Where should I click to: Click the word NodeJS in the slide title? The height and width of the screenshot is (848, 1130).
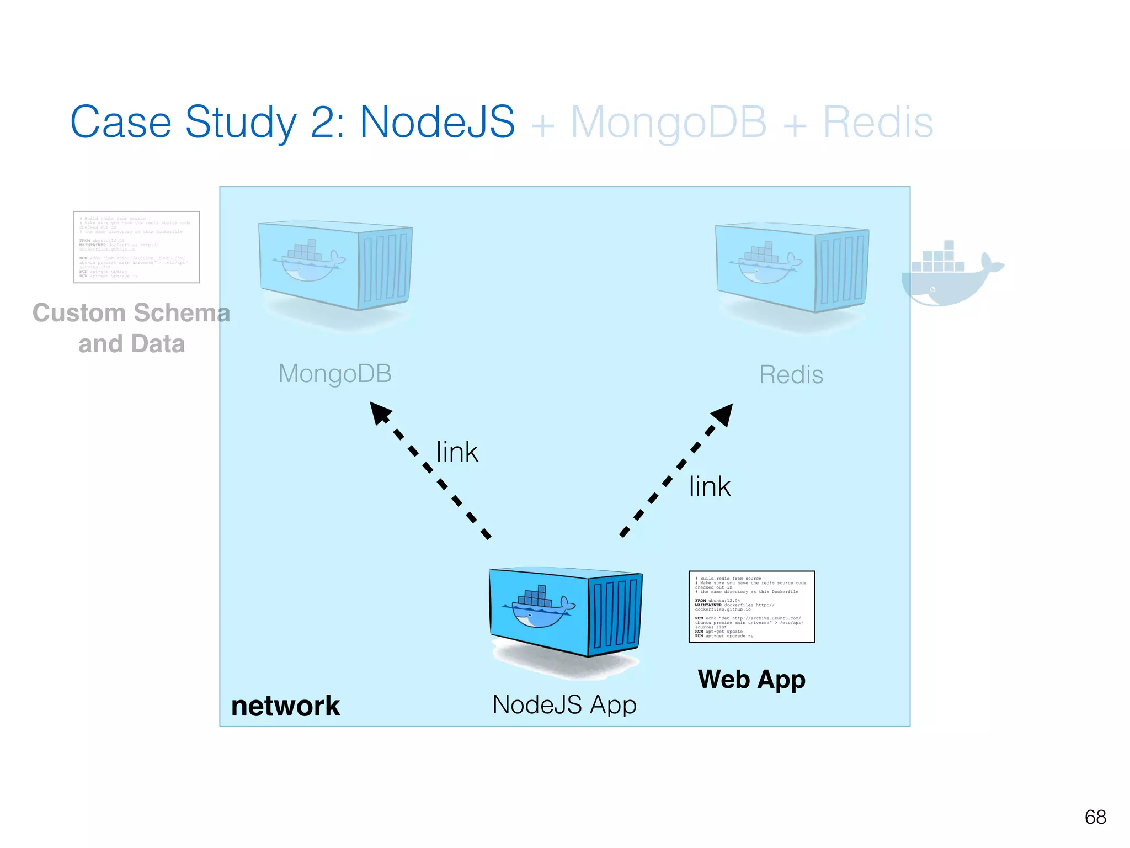click(x=437, y=123)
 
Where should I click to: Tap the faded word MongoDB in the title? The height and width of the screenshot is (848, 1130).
click(x=668, y=123)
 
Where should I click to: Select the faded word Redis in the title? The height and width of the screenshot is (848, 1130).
click(x=877, y=123)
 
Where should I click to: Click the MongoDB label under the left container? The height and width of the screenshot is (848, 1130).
click(x=335, y=374)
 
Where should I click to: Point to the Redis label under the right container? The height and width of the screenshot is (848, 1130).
click(x=791, y=375)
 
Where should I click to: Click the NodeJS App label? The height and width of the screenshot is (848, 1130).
click(x=564, y=705)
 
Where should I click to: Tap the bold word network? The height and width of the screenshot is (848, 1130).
click(x=285, y=706)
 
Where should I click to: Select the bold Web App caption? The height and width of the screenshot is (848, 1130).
click(x=751, y=679)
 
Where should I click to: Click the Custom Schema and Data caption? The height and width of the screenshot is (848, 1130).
click(x=131, y=328)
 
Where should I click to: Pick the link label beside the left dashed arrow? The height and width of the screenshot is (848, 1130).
click(x=457, y=452)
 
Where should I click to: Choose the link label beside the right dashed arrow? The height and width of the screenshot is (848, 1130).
click(x=710, y=487)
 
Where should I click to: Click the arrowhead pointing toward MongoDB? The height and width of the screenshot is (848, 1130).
click(x=380, y=413)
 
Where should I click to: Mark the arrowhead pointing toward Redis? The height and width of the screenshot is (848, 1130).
click(x=723, y=415)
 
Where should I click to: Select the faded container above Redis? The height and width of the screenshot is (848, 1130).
click(x=792, y=268)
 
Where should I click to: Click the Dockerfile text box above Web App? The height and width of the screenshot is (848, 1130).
click(x=751, y=607)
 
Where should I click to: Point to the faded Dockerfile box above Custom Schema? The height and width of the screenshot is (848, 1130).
click(x=136, y=247)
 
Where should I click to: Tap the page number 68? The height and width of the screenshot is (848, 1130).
click(x=1095, y=817)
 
